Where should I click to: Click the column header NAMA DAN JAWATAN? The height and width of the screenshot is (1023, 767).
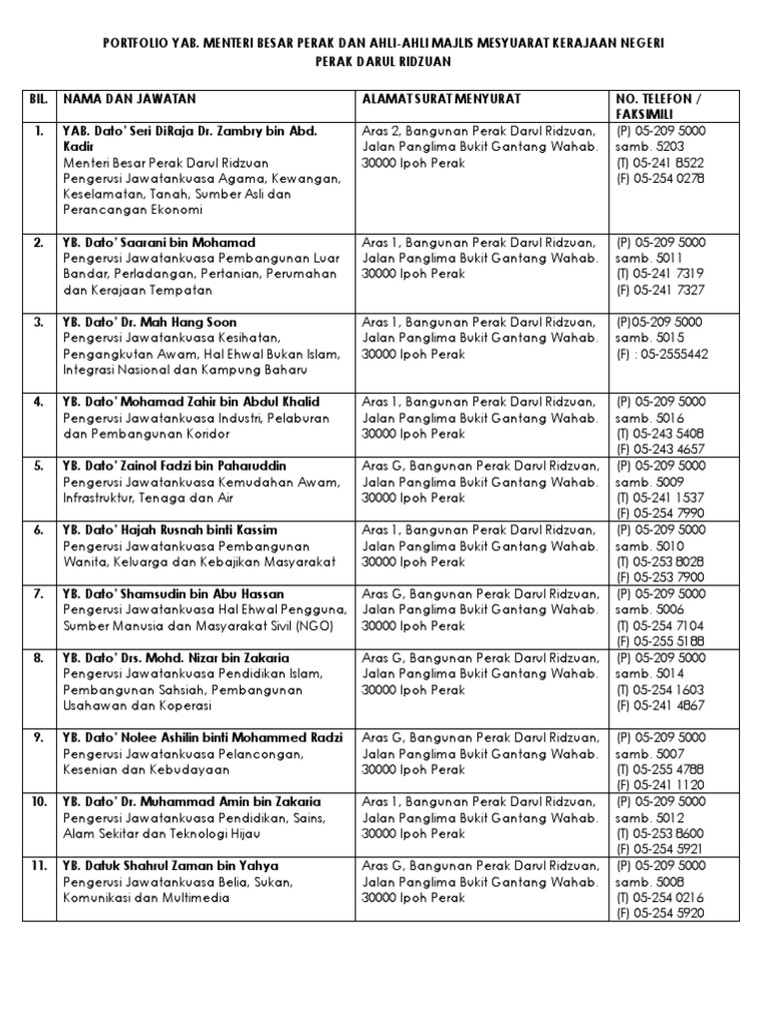(130, 99)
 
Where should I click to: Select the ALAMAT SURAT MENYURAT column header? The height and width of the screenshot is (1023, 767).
(442, 99)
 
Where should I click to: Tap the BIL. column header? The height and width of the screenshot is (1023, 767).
(39, 99)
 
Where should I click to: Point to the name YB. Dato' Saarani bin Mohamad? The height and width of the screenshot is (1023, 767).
(159, 243)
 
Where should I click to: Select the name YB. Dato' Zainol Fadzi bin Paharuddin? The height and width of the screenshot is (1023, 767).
(174, 466)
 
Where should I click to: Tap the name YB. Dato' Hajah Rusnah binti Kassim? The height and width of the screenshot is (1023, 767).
(170, 529)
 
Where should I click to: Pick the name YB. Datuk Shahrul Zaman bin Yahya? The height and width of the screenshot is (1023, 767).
(171, 865)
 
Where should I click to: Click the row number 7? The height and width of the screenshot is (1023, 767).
(38, 593)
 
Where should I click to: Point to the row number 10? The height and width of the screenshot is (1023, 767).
(38, 801)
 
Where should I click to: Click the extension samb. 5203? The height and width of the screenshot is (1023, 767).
(647, 147)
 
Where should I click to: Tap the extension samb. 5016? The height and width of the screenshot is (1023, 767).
(647, 418)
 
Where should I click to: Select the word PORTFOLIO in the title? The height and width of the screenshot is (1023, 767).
(140, 43)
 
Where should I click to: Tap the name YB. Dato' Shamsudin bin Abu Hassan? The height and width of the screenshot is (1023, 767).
(173, 593)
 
